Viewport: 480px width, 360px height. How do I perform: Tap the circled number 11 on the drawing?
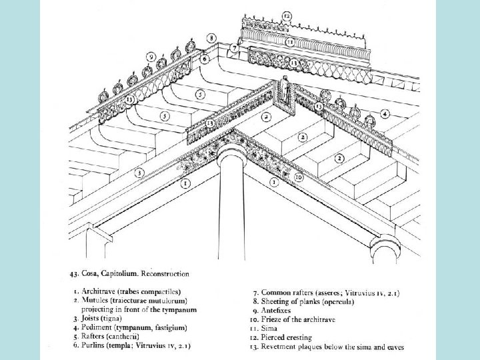pos(291,41)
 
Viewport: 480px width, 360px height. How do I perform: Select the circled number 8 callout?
pos(211,40)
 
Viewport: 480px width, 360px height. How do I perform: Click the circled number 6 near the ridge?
pos(204,59)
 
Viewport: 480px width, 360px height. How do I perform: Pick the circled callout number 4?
pos(385,114)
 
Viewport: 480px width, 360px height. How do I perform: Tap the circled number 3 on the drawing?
pos(139,173)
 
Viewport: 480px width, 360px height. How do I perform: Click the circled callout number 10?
pos(299,177)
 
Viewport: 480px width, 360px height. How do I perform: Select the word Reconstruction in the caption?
pos(167,273)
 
